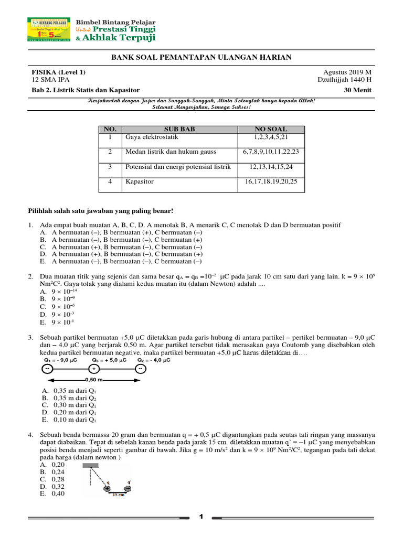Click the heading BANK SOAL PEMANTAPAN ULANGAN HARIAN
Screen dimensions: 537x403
[x=201, y=57]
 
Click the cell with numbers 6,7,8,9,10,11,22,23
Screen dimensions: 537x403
[x=271, y=152]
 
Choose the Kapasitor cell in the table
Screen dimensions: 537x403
[x=139, y=181]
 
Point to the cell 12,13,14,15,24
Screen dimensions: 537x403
[x=271, y=167]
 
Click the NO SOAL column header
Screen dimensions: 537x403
[x=271, y=130]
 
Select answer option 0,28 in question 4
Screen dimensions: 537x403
[x=57, y=479]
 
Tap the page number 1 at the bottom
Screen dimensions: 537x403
[x=201, y=518]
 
